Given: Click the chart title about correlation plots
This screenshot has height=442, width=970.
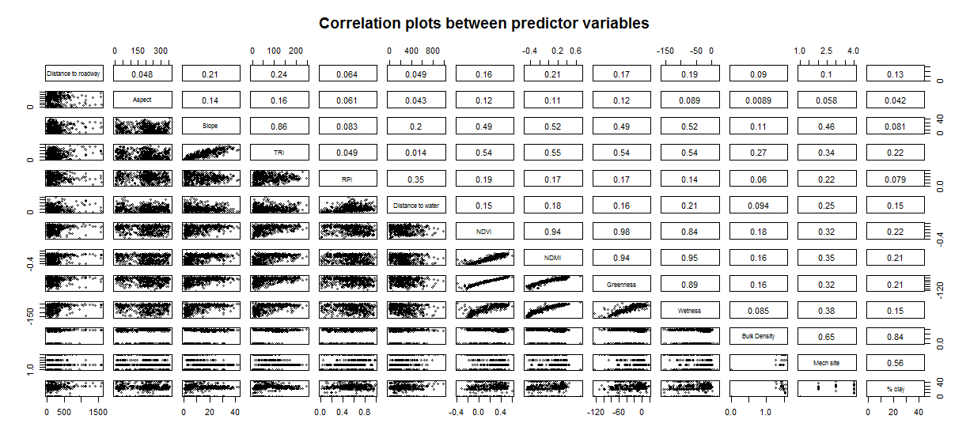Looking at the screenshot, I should [x=484, y=23].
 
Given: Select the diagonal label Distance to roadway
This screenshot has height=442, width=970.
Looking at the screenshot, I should [x=74, y=74].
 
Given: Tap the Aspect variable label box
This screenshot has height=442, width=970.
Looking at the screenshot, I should [x=142, y=100].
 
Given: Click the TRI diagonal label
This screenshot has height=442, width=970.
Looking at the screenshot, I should [x=278, y=153].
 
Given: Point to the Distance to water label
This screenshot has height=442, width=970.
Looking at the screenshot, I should [x=415, y=206].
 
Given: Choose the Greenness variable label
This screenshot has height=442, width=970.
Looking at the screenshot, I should [x=620, y=284].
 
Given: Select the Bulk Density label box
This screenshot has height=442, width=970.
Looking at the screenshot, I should [x=757, y=336].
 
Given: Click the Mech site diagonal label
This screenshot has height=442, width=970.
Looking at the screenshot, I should [x=826, y=362].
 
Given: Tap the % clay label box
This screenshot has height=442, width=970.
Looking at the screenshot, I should [x=894, y=388].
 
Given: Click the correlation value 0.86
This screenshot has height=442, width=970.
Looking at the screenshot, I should [x=278, y=127].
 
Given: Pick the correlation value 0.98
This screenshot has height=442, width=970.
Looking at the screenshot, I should [x=620, y=232].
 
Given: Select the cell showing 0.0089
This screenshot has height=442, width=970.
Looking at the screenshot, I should [x=757, y=100].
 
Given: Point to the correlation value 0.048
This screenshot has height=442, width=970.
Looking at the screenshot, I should [x=142, y=74].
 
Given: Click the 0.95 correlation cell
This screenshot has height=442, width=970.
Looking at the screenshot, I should [x=688, y=258].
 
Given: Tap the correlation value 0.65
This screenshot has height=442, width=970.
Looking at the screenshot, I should [x=826, y=336].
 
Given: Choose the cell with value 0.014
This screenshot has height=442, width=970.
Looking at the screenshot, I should [x=415, y=153].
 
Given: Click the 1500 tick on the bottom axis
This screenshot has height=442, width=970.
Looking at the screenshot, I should [x=98, y=412].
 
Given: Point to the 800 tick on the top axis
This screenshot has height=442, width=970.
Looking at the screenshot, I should [x=432, y=51].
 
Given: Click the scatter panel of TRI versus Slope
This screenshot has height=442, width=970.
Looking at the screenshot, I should [x=210, y=153].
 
